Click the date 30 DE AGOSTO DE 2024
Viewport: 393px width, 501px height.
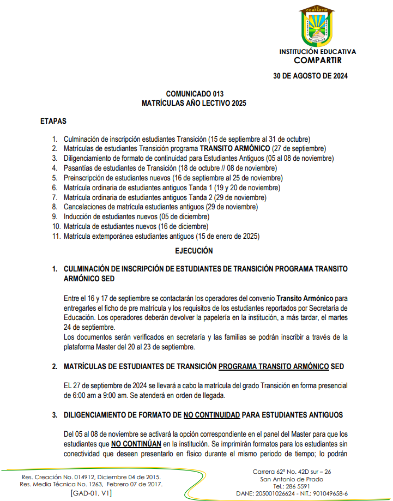point(310,76)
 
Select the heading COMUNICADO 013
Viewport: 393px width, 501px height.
point(195,94)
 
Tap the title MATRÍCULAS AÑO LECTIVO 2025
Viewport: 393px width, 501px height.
point(195,102)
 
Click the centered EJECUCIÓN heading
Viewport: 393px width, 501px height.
point(194,251)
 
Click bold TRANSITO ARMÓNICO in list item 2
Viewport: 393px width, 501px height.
point(234,148)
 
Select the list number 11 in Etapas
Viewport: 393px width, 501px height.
point(55,237)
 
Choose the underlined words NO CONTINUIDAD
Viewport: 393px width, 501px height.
point(211,415)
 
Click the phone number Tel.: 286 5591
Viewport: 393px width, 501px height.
point(292,486)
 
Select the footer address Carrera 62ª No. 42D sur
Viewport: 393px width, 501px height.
point(292,472)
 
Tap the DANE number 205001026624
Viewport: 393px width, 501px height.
point(276,493)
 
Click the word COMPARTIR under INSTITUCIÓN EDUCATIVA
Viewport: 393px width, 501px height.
point(317,60)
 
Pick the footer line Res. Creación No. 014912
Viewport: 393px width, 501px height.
point(90,476)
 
